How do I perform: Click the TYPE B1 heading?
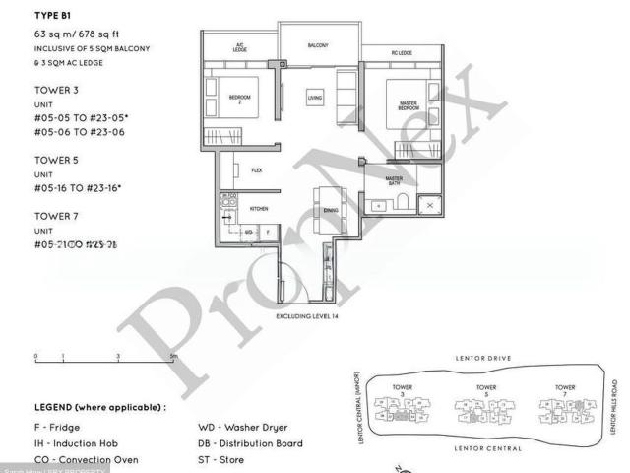pyautogui.click(x=52, y=16)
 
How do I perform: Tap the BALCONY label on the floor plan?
pyautogui.click(x=317, y=45)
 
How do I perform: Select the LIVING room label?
pyautogui.click(x=315, y=99)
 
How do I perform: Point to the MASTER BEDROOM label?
pyautogui.click(x=409, y=104)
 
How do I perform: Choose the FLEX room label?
pyautogui.click(x=256, y=169)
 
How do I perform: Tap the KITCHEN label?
pyautogui.click(x=259, y=209)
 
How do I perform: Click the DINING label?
pyautogui.click(x=330, y=211)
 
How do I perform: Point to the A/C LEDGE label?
pyautogui.click(x=239, y=46)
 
